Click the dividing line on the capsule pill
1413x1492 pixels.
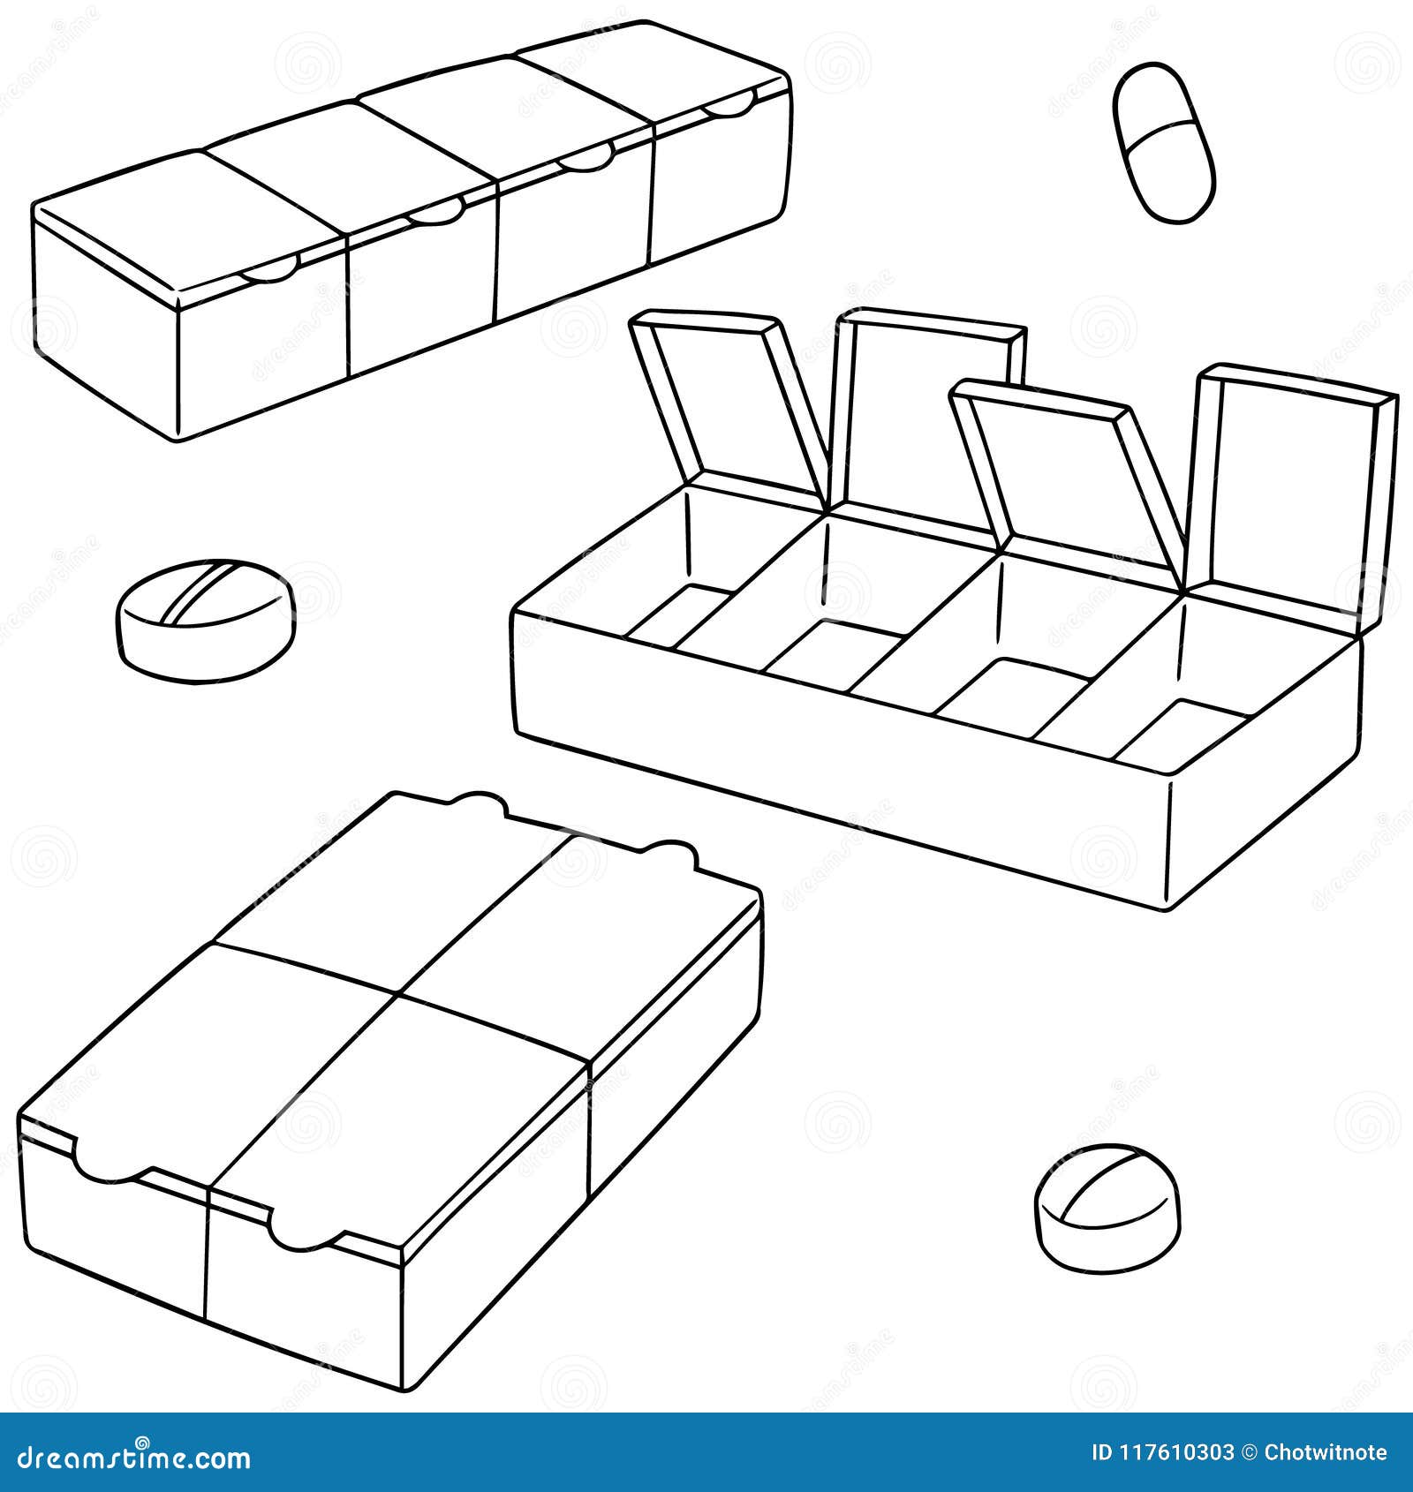[x=1163, y=139]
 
